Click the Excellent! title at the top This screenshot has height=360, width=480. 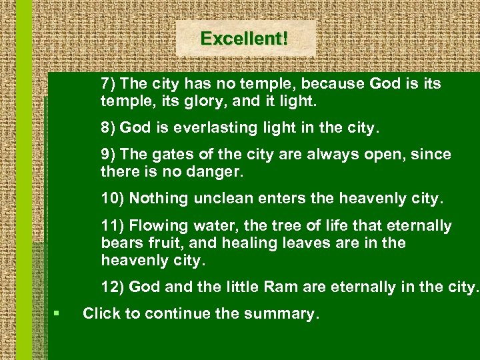click(245, 39)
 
